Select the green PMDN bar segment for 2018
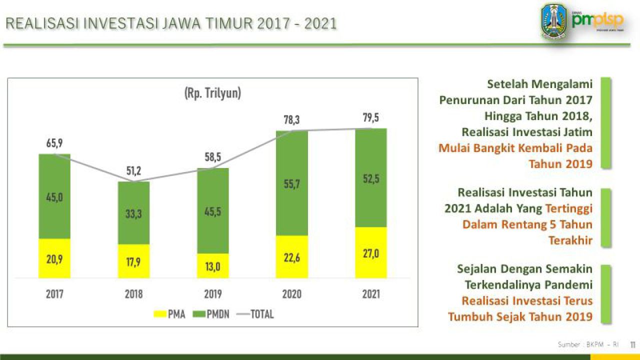tap(133, 212)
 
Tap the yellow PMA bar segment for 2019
tap(213, 266)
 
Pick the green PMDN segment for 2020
tap(292, 183)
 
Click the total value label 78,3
tap(292, 120)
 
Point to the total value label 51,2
tap(133, 171)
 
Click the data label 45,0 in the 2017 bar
tap(54, 197)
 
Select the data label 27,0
tap(371, 254)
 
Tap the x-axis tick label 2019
tap(213, 294)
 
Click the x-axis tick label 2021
tap(371, 294)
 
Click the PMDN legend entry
tap(212, 314)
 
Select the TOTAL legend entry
tap(255, 314)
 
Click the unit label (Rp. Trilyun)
tap(213, 93)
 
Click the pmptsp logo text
tap(598, 19)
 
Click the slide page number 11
tap(632, 344)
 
